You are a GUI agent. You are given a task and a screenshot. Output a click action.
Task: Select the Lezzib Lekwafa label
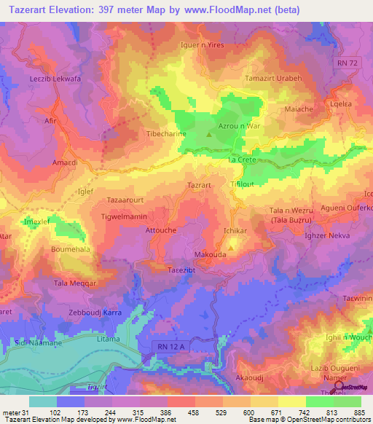click(x=55, y=79)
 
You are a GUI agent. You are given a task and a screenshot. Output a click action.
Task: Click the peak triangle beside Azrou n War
click(x=210, y=134)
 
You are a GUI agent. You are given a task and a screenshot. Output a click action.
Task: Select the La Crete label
click(x=242, y=159)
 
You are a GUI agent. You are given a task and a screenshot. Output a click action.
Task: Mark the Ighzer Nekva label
click(x=327, y=237)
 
